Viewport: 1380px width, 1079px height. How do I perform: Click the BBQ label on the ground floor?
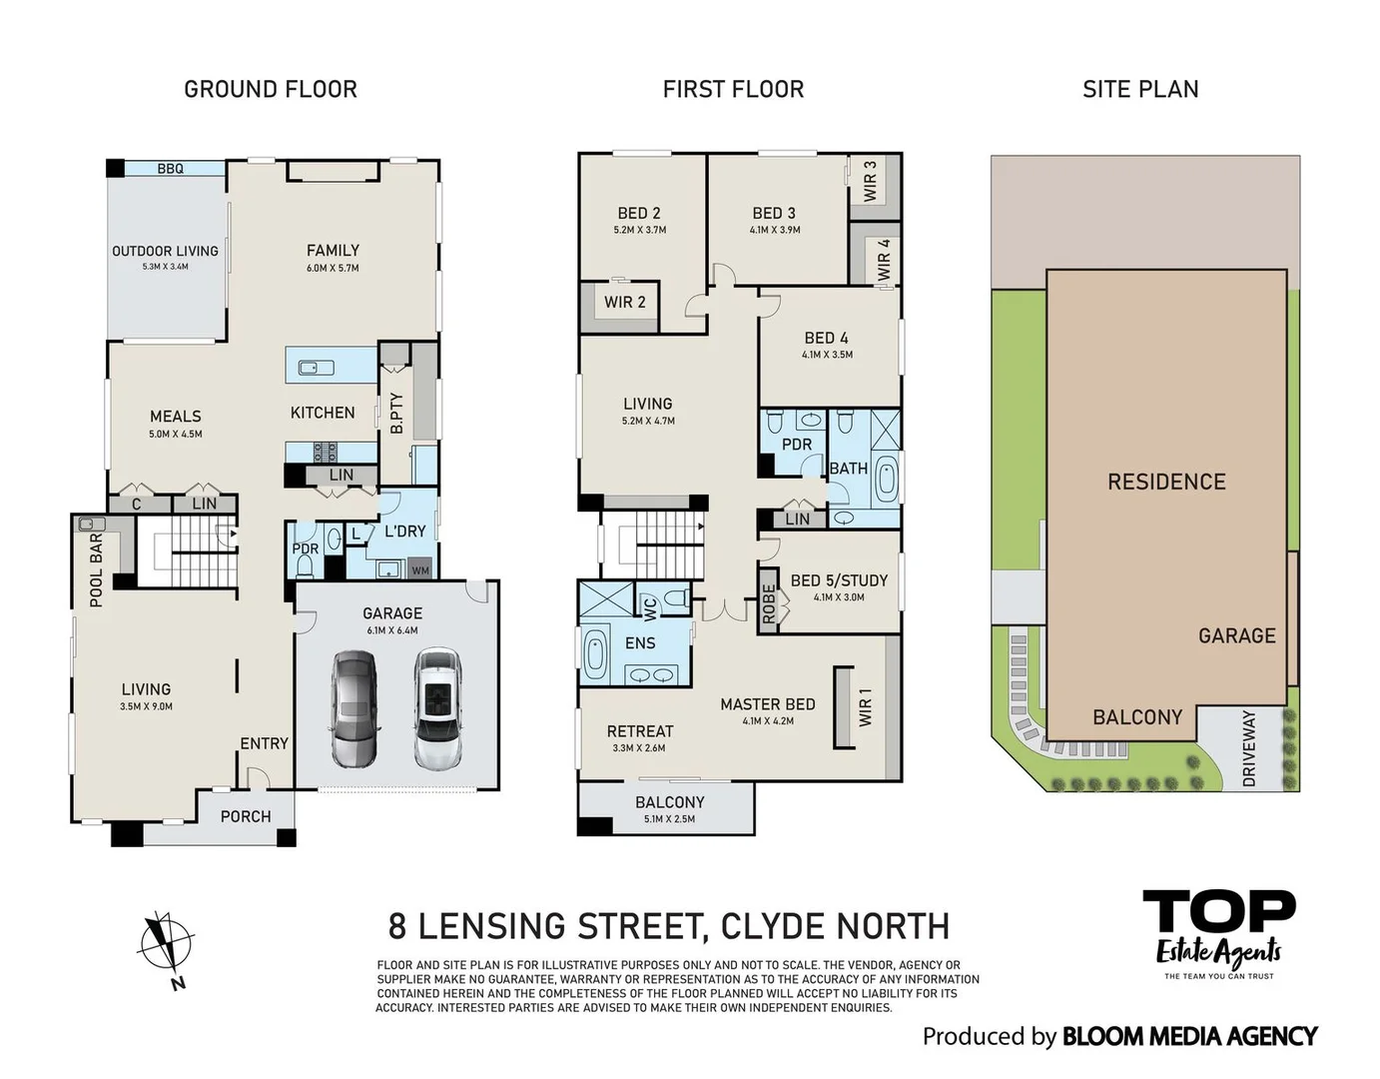point(170,169)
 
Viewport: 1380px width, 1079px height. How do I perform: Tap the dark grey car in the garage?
point(354,708)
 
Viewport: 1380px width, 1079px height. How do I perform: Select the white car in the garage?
point(437,708)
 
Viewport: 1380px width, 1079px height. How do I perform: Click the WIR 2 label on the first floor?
point(624,302)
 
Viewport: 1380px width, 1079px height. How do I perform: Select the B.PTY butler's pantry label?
point(396,412)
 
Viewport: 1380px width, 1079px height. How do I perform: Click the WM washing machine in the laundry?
point(420,570)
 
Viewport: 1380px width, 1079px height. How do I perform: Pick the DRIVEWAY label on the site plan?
point(1248,748)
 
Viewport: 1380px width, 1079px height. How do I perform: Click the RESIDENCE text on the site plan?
point(1165,482)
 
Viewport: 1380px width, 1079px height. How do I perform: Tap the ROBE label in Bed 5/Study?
point(768,602)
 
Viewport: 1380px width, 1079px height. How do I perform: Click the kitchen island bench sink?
point(316,367)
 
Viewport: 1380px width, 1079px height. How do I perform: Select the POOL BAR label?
point(96,569)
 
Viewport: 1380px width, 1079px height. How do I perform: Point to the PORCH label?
point(246,816)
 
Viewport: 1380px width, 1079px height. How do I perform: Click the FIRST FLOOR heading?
point(733,89)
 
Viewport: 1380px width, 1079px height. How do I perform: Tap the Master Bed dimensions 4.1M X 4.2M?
point(768,720)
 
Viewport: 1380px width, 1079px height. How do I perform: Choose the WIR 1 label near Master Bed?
point(865,706)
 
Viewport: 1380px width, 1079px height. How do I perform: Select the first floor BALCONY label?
point(669,802)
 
